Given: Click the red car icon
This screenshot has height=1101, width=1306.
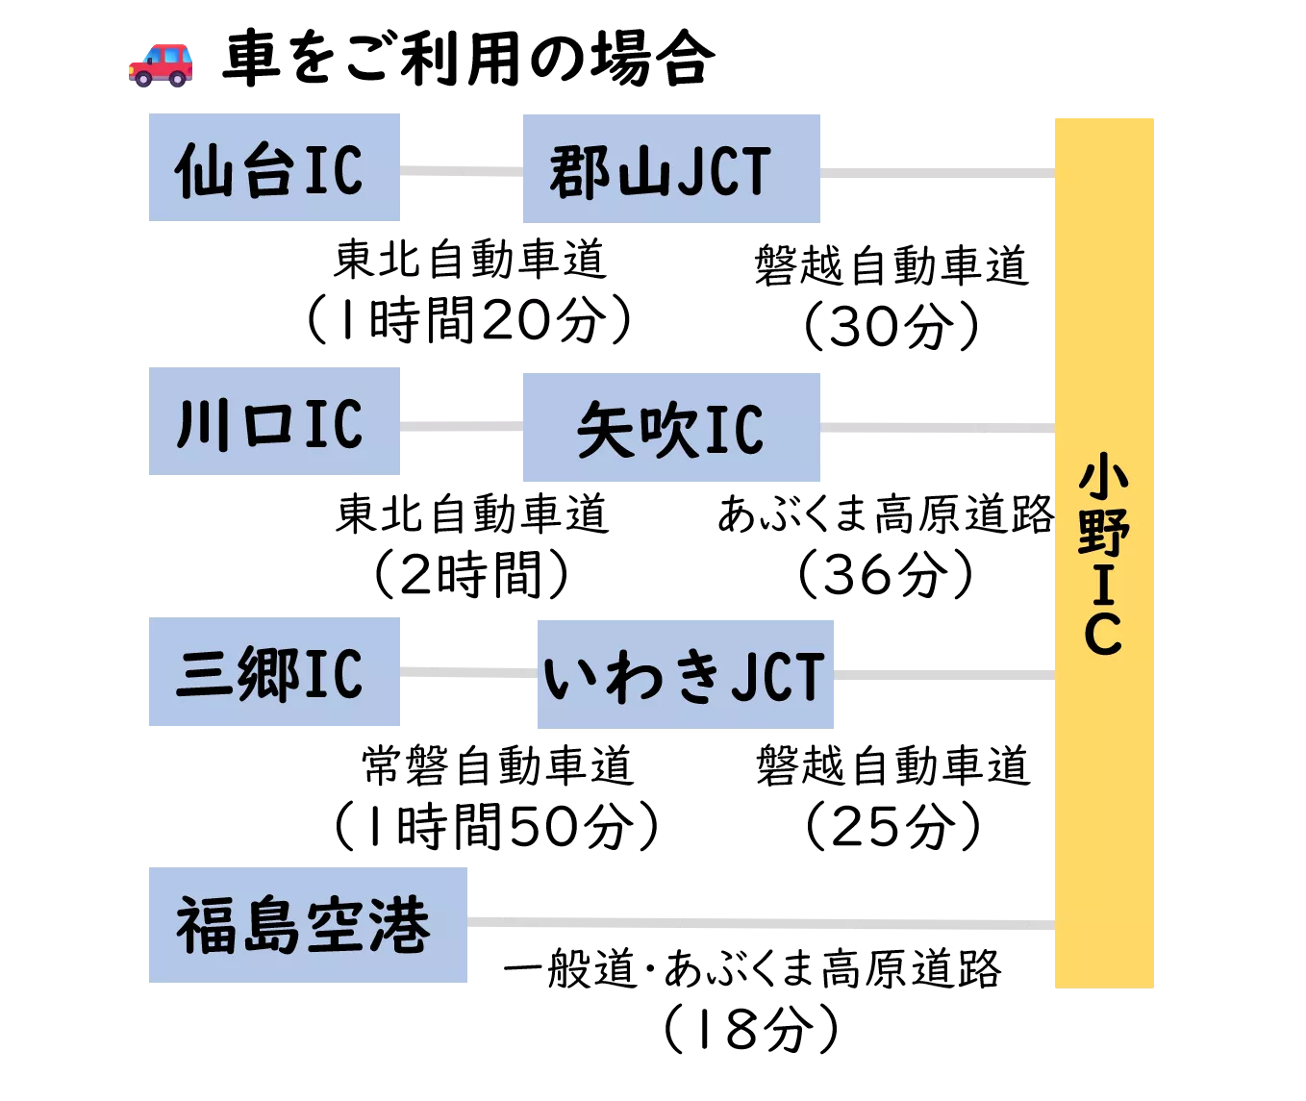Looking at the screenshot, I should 159,64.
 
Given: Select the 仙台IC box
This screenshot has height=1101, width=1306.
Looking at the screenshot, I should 272,165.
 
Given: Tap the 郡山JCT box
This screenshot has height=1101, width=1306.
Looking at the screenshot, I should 672,165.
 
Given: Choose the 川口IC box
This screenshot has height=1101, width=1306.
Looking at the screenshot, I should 272,419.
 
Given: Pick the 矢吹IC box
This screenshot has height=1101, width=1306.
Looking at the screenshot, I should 672,426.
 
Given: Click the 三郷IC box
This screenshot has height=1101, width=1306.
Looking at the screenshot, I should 272,672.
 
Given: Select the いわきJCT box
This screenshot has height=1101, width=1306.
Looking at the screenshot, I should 684,672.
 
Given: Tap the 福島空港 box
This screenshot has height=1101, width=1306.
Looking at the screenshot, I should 307,922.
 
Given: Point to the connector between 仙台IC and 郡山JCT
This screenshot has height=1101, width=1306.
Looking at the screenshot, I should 461,169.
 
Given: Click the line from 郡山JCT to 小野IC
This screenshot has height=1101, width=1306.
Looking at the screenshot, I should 938,173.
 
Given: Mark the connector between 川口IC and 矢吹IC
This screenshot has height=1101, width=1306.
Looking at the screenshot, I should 461,426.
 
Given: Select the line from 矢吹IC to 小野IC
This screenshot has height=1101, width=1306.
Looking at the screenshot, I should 938,427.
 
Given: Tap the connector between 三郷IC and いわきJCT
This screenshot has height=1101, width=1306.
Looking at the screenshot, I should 465,672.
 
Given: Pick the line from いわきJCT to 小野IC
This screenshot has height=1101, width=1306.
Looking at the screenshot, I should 945,677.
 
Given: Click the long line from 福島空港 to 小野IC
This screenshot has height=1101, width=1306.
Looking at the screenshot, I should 760,923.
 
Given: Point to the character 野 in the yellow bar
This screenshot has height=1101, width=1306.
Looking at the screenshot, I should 1103,533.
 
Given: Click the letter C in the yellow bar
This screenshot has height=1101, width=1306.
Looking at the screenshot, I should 1103,634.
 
